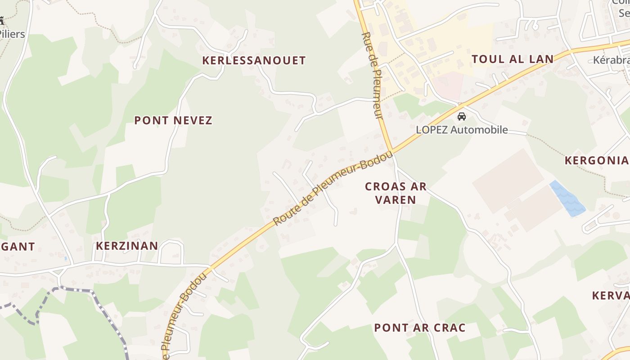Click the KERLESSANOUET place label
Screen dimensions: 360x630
pos(254,60)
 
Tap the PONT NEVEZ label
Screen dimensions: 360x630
pos(173,120)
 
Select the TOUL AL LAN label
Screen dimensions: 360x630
pos(512,59)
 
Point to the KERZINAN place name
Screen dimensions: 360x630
pos(127,246)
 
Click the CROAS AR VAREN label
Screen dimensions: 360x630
pos(396,193)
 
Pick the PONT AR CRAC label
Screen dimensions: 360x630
pos(420,328)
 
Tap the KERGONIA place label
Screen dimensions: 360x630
pos(597,160)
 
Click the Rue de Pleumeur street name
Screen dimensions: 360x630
pos(373,76)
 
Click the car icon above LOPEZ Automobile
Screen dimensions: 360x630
pos(462,117)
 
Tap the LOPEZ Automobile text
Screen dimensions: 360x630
pos(462,130)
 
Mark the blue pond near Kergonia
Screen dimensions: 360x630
pos(567,199)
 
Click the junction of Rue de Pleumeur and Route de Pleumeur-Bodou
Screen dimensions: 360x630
pos(391,151)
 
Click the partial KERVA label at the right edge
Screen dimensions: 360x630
pos(611,295)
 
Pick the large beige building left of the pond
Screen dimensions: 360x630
pos(508,180)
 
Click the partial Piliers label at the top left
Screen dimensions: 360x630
pos(13,34)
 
